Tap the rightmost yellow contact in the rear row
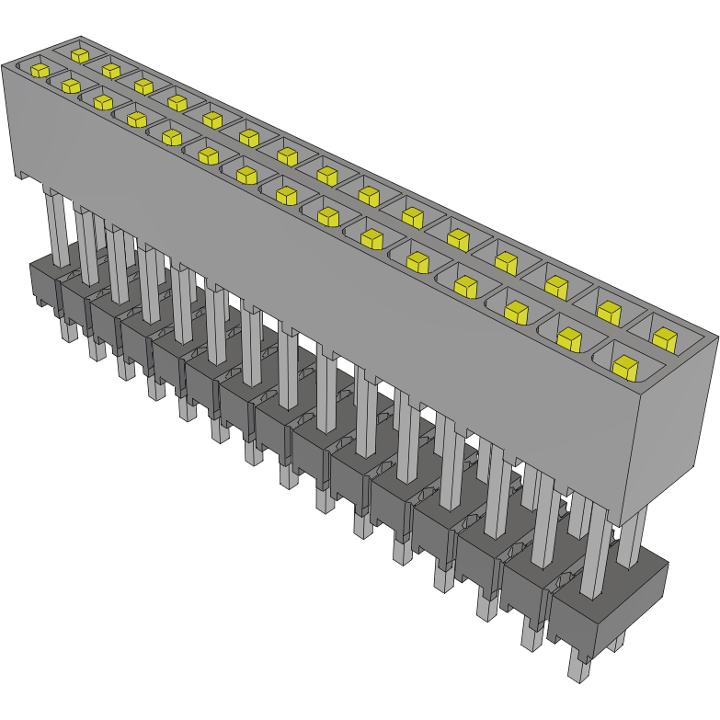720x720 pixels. point(662,337)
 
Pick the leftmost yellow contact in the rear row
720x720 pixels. point(79,54)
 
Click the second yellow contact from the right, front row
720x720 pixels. point(570,339)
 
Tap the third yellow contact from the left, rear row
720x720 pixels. point(143,86)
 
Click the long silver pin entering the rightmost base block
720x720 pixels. point(593,552)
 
